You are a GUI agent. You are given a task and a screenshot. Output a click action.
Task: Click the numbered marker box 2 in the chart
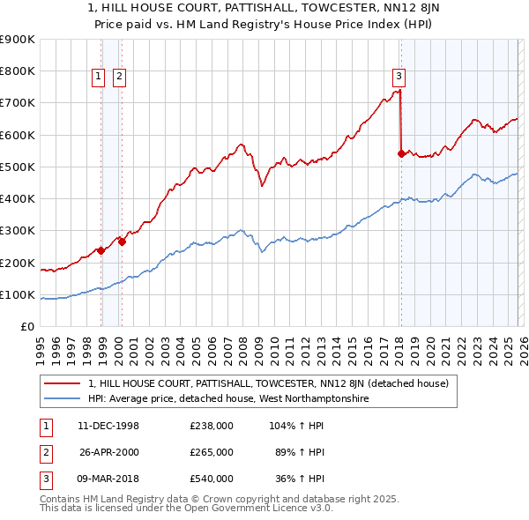118,77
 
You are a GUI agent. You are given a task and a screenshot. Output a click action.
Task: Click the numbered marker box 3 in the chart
399,77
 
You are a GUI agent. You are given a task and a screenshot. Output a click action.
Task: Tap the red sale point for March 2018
401,153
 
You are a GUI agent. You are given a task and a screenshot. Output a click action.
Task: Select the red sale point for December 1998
101,250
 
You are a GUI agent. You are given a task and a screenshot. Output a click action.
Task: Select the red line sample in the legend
63,383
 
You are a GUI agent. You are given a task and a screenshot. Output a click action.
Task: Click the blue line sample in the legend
63,399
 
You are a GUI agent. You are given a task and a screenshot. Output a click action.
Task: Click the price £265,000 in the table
212,452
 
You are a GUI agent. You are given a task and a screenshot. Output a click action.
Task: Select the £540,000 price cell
212,479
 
